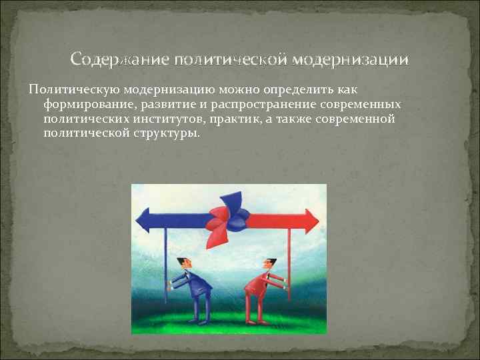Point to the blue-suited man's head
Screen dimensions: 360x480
pos(183,263)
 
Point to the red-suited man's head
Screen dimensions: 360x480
pos(270,263)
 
